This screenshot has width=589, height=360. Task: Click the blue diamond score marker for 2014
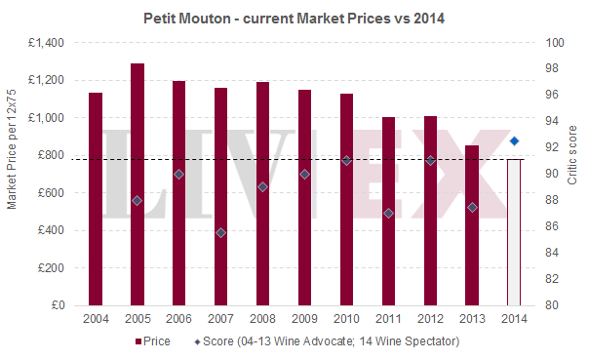point(515,140)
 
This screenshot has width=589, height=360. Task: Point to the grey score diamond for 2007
point(221,232)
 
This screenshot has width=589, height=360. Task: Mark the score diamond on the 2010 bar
point(346,160)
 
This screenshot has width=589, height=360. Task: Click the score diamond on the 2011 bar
point(388,213)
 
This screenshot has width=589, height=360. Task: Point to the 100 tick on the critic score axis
point(554,43)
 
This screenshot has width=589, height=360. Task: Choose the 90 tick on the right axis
point(551,174)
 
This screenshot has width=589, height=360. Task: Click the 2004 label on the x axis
point(96,320)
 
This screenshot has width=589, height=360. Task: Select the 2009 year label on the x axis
point(304,320)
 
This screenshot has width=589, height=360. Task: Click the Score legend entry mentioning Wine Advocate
point(326,341)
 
